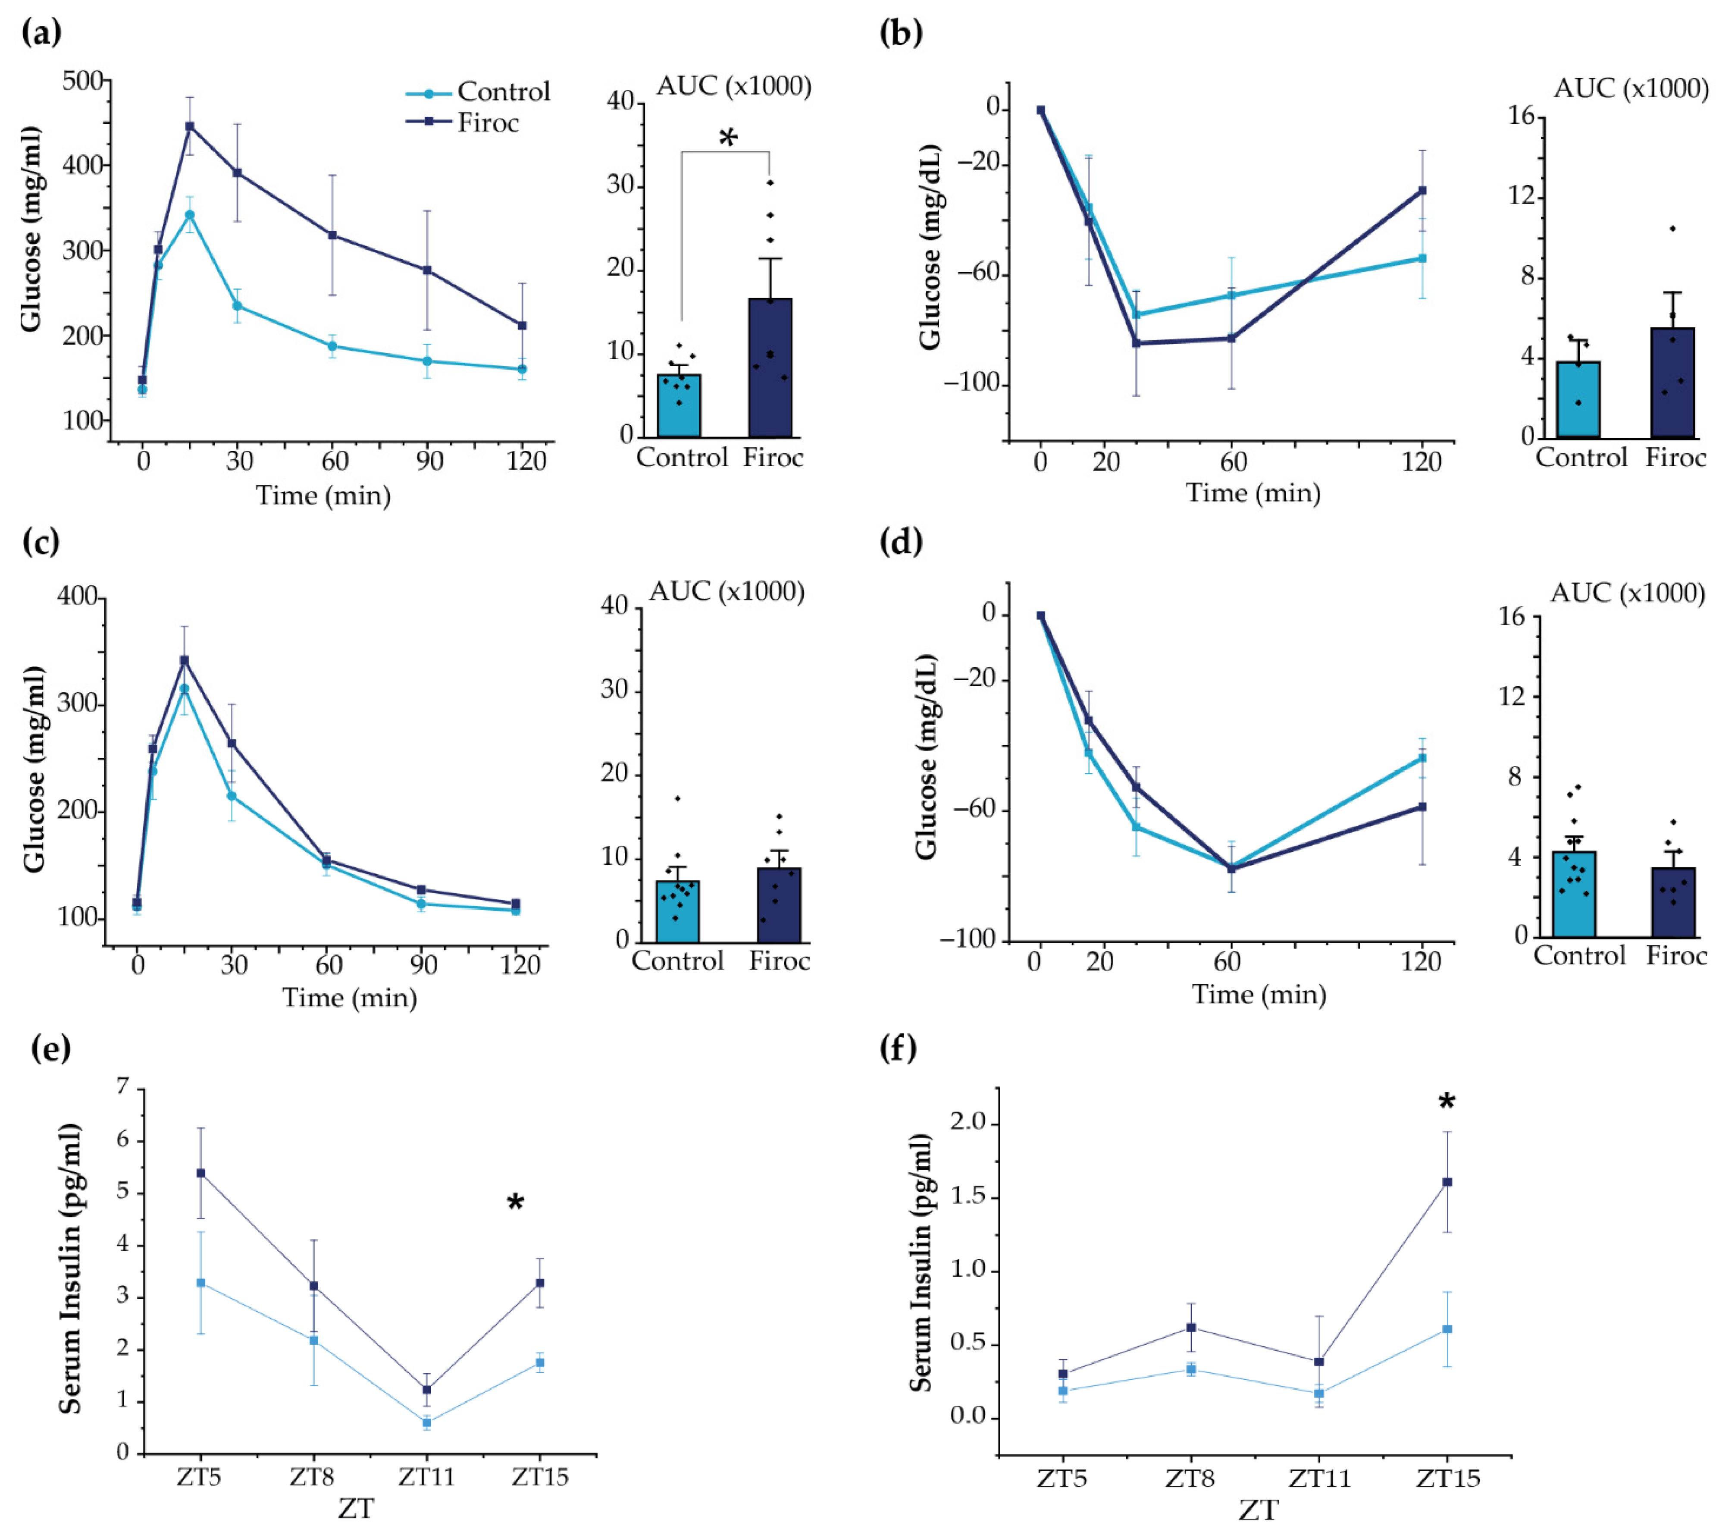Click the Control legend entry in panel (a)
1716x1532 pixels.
pyautogui.click(x=502, y=92)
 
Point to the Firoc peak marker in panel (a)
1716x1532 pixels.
pyautogui.click(x=190, y=126)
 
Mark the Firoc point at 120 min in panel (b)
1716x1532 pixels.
pyautogui.click(x=1422, y=190)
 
